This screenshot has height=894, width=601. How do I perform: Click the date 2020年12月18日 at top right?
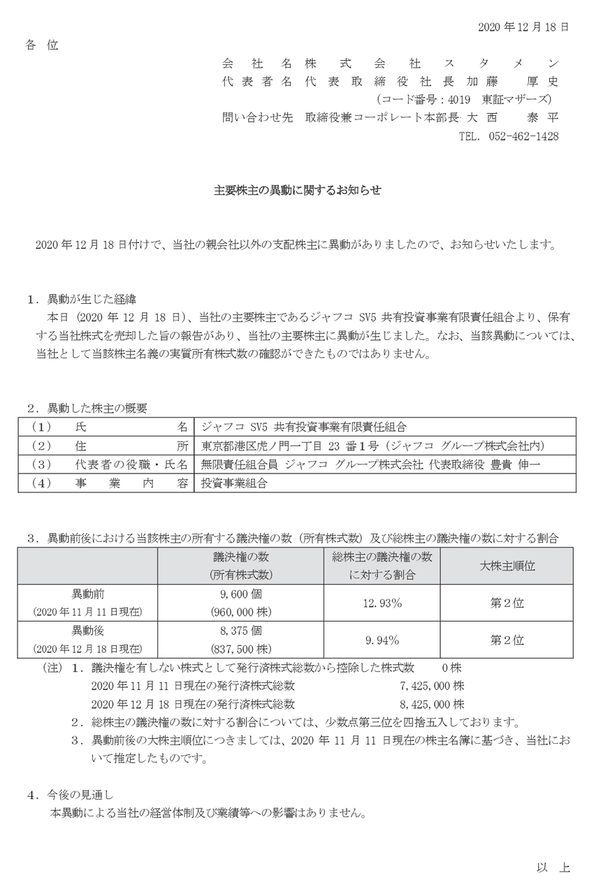pyautogui.click(x=523, y=27)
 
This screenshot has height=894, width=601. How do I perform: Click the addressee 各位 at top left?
pyautogui.click(x=42, y=45)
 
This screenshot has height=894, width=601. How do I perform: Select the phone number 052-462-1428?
pyautogui.click(x=519, y=137)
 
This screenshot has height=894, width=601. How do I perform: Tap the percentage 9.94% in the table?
pyautogui.click(x=382, y=640)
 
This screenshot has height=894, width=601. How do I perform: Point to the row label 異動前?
pyautogui.click(x=88, y=594)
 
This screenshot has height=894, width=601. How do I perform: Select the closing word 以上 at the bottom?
pyautogui.click(x=553, y=867)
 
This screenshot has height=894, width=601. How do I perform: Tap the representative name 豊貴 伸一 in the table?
pyautogui.click(x=520, y=464)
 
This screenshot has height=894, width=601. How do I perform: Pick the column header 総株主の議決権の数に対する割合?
pyautogui.click(x=382, y=565)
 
